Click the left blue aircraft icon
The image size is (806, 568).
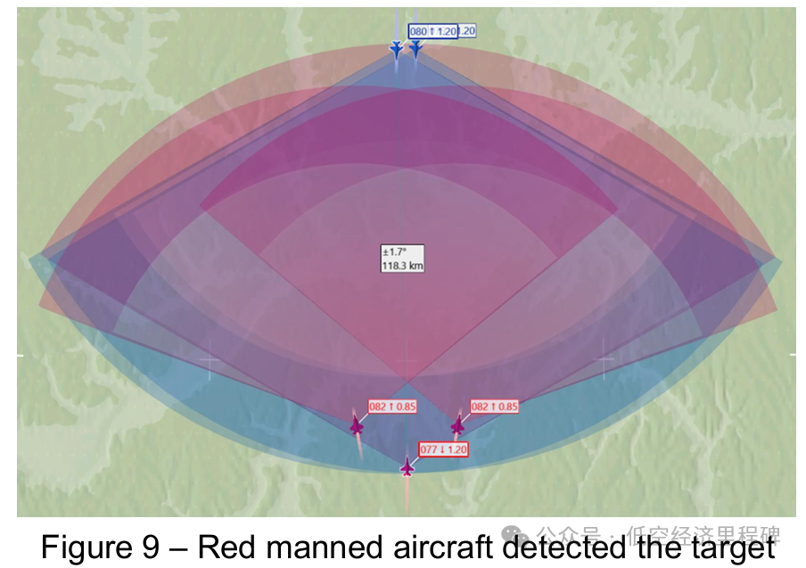click(397, 49)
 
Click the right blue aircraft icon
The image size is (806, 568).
click(415, 49)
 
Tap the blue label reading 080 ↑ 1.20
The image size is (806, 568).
click(432, 31)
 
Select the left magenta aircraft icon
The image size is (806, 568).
click(358, 426)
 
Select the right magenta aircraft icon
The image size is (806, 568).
click(458, 426)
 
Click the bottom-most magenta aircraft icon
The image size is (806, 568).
click(407, 467)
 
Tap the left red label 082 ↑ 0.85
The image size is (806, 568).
click(393, 407)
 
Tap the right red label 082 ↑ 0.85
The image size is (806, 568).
click(495, 407)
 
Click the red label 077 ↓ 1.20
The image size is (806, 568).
click(443, 449)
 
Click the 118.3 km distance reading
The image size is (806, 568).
click(402, 266)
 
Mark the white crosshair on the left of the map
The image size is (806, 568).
click(209, 360)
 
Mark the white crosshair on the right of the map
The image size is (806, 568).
click(604, 360)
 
